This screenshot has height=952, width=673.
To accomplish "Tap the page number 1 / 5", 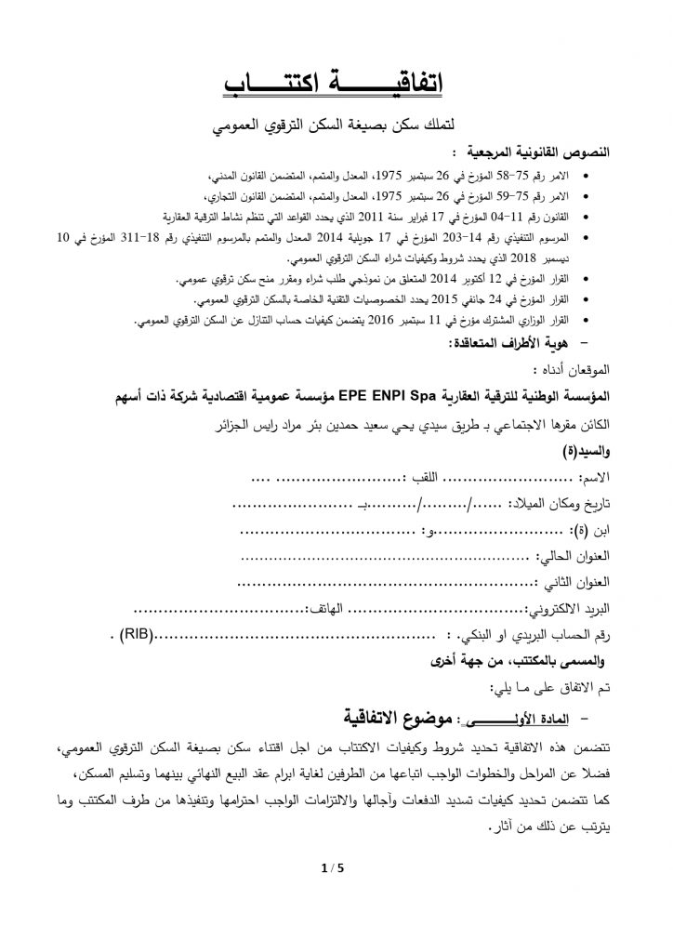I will coord(330,870).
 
